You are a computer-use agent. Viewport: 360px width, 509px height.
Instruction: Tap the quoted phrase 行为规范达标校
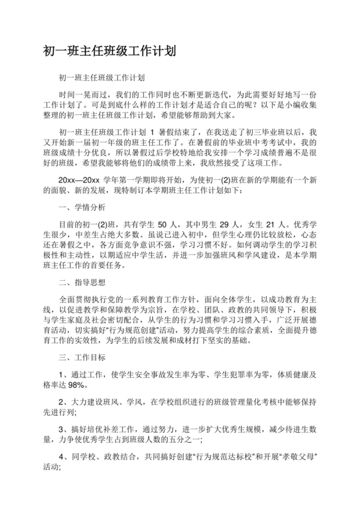click(x=213, y=457)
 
